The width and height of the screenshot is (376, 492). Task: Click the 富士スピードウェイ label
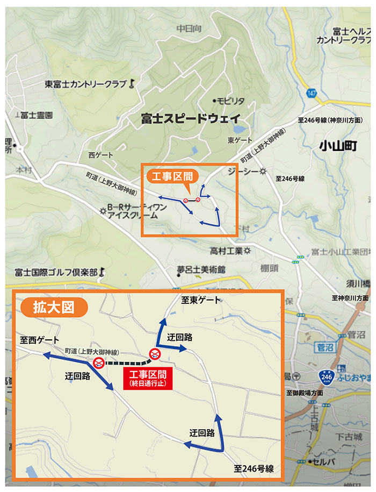[x=190, y=119]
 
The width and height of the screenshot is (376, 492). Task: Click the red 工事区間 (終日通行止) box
[x=147, y=378]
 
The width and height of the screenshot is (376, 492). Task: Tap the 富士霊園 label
[x=35, y=115]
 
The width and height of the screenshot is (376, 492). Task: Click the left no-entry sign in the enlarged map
[x=99, y=363]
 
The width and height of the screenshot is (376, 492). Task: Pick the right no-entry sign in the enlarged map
[x=155, y=353]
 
